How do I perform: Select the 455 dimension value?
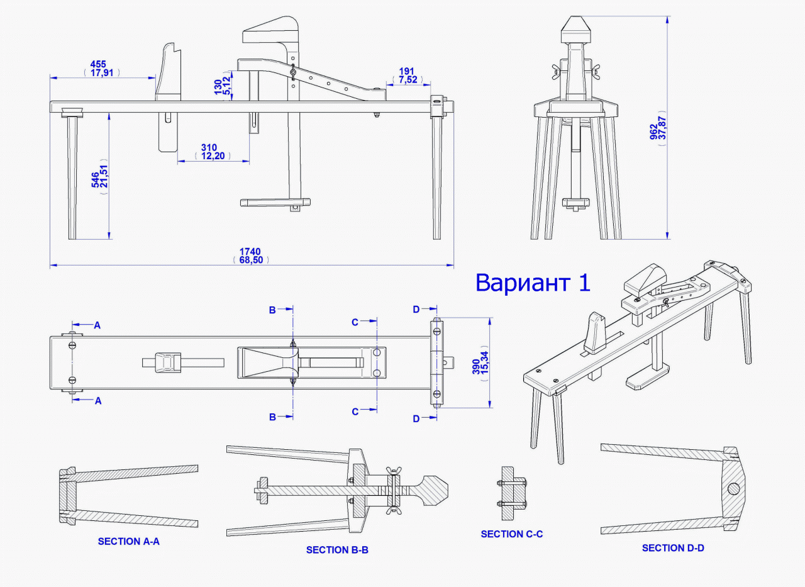pos(98,64)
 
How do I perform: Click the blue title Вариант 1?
pos(533,282)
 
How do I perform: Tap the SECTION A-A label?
pos(129,541)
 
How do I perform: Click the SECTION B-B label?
pos(337,550)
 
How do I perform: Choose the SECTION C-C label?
pos(512,534)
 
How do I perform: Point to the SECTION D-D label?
pos(673,548)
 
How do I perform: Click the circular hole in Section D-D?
pos(733,488)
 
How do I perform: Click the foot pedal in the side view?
pos(275,203)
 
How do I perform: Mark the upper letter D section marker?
pos(416,309)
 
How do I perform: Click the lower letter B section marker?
pos(273,416)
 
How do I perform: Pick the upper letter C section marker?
pos(355,322)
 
